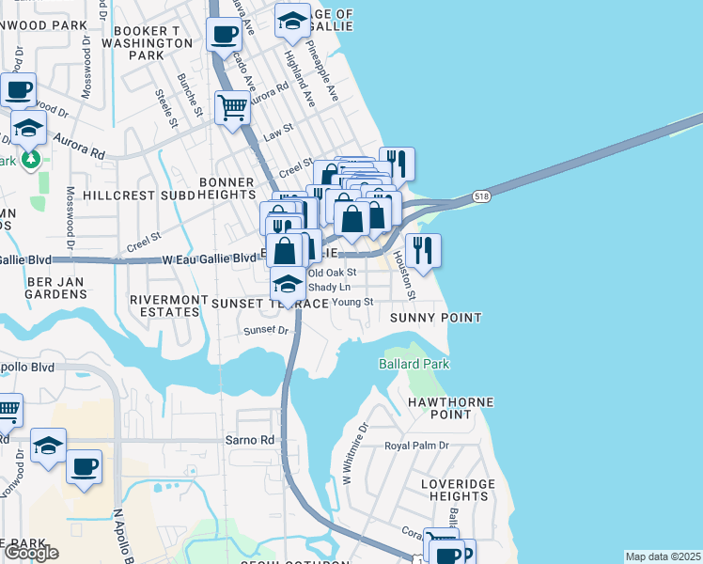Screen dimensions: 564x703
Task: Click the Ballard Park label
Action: (414, 364)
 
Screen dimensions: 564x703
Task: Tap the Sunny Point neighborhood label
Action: (436, 319)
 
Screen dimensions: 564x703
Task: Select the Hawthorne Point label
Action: (451, 408)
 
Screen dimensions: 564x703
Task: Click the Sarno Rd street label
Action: (248, 439)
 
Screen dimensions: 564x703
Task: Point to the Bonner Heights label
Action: (226, 188)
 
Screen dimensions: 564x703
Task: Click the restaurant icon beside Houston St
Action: (423, 250)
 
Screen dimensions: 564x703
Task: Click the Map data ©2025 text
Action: (663, 556)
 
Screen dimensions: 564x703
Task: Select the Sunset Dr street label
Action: (266, 330)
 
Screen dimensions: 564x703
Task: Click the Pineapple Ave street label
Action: (322, 77)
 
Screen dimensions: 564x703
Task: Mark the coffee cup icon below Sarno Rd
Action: (84, 466)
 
